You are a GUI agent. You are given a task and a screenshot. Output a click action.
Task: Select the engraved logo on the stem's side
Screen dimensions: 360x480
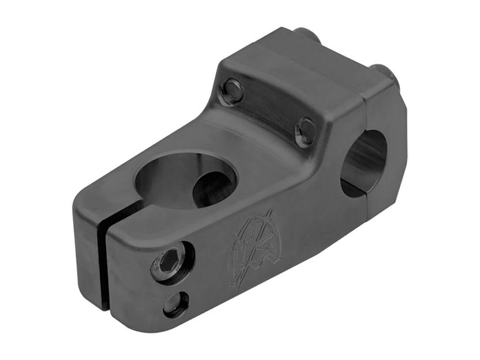tap(254, 249)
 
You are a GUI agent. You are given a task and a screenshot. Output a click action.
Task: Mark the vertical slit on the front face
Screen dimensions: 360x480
tap(104, 259)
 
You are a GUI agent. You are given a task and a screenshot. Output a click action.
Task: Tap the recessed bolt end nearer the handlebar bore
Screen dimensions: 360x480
tap(306, 131)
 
